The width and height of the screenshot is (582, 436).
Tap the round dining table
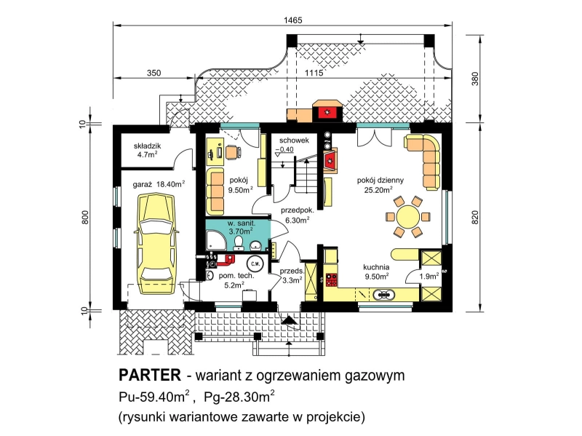tap(408, 217)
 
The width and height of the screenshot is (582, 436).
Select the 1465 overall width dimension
tap(293, 20)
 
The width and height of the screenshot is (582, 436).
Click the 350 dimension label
tap(154, 73)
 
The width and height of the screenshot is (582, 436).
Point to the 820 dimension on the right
tap(476, 217)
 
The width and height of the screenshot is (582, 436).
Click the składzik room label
tap(147, 146)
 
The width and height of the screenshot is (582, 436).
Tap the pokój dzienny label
tap(380, 181)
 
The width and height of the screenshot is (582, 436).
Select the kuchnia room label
tap(376, 267)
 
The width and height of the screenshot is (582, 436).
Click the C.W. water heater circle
tap(255, 263)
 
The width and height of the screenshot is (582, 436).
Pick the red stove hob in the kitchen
tap(332, 280)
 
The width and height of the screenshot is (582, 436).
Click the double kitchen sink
tap(383, 295)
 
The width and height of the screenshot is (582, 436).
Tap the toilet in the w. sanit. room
tap(239, 243)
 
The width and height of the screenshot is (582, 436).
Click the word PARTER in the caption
tap(150, 375)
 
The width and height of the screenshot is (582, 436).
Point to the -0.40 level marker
tap(284, 150)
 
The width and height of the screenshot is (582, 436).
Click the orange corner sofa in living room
tap(424, 162)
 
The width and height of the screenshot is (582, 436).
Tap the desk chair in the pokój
tap(234, 152)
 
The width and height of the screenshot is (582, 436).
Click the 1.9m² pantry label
tap(429, 276)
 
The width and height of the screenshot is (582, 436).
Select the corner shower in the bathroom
tap(216, 239)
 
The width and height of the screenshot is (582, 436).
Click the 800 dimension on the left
tap(85, 217)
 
